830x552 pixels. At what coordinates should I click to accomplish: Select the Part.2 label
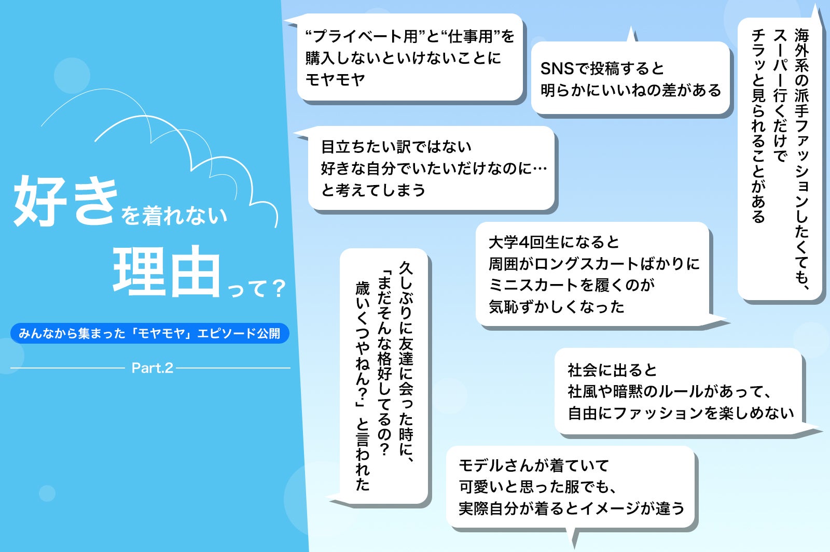153,368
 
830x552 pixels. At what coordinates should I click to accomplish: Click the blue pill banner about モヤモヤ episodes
150,333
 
